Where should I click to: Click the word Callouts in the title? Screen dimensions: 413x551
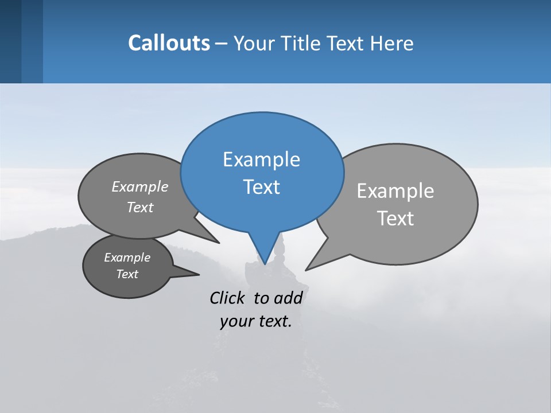point(169,43)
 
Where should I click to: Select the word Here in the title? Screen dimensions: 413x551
point(392,43)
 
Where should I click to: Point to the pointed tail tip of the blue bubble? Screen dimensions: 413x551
point(265,264)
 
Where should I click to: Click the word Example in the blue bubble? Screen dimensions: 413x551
point(261,159)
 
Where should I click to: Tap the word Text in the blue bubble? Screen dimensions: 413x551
point(261,187)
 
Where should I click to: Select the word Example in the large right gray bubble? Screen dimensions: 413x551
point(395,191)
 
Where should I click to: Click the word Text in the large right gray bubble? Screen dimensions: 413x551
point(395,219)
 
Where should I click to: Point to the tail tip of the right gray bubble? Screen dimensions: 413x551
point(306,270)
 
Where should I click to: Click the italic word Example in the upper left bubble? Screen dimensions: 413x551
point(140,186)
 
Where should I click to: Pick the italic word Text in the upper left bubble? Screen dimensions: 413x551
point(140,207)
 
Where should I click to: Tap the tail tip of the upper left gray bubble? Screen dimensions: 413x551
point(219,243)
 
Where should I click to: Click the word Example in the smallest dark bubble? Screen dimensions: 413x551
point(127,258)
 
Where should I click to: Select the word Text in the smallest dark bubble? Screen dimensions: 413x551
point(127,274)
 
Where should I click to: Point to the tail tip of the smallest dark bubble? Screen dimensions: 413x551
point(199,275)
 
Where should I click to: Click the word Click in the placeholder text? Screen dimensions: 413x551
point(228,298)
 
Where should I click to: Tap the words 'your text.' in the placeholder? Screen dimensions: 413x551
point(256,321)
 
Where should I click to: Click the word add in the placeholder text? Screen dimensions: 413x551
point(288,298)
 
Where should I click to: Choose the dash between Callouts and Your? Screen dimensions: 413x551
point(222,43)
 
